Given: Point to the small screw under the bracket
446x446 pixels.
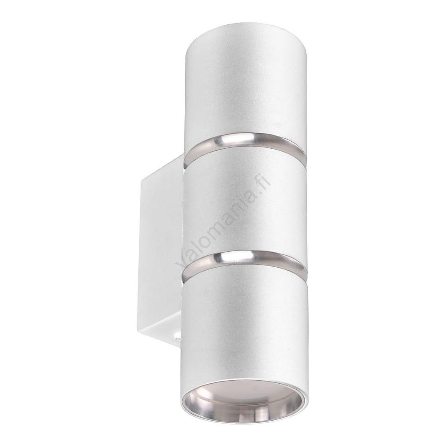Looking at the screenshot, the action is point(177,339).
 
